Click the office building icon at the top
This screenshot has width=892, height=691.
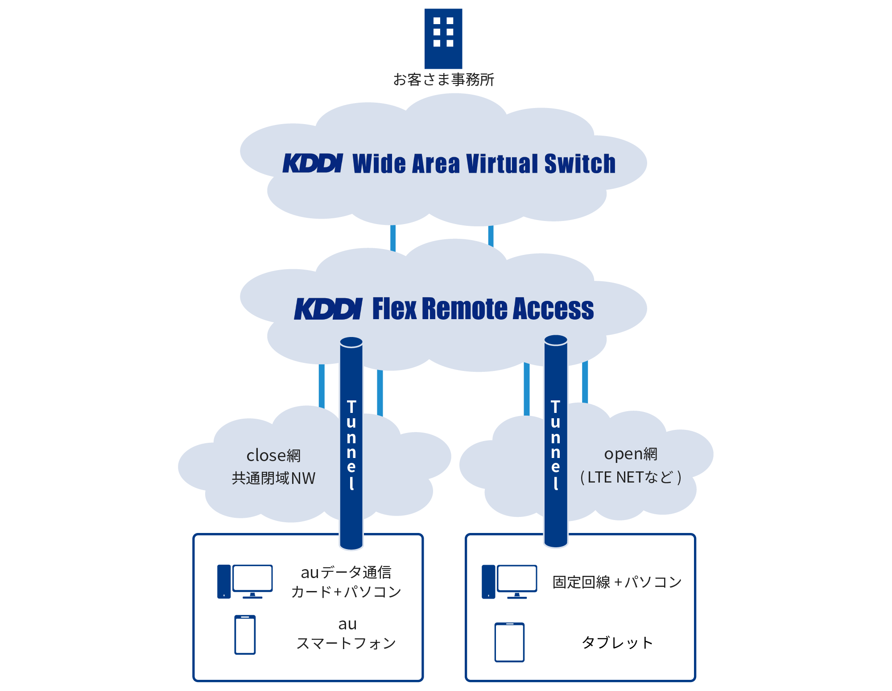click(443, 38)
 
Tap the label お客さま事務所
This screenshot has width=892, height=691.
click(443, 80)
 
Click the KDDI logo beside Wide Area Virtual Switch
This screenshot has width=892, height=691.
click(313, 163)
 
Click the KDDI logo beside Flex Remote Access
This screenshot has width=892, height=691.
click(328, 309)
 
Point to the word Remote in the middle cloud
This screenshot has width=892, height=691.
click(464, 309)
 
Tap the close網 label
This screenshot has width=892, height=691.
click(273, 456)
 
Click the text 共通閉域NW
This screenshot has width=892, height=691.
click(273, 479)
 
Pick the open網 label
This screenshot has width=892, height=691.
click(631, 454)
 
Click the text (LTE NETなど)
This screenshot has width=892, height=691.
click(631, 478)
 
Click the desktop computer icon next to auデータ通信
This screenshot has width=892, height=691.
click(245, 581)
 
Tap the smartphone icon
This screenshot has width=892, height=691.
click(245, 635)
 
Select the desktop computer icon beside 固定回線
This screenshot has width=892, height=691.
click(509, 581)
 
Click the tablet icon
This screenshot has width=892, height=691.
click(509, 642)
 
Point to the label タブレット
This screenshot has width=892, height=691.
click(617, 643)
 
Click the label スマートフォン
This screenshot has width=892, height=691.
click(346, 643)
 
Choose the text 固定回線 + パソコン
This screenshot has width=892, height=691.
click(617, 582)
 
